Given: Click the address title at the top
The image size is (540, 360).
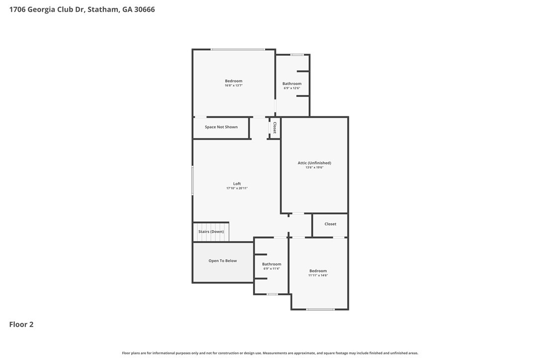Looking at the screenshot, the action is pos(82,9).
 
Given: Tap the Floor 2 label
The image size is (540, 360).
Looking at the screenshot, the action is pos(21,324).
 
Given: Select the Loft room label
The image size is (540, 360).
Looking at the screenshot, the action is pos(237,183).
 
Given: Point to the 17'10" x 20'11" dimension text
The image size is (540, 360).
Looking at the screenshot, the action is pos(237,188).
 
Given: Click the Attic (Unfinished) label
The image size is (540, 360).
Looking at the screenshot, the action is pos(314,163).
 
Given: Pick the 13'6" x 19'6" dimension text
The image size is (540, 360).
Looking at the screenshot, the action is pos(314,168).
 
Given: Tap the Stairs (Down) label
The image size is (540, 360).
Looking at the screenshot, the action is pos(211,232).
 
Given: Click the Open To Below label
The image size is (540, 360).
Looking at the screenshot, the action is pos(222,261).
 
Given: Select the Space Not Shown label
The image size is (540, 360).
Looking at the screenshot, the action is pos(221,127).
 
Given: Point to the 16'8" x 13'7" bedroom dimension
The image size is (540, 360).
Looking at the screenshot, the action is pos(234,86).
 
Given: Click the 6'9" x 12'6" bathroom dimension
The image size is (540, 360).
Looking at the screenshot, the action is pos(292,88).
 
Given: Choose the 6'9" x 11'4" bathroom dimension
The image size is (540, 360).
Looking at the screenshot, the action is pos(271,269).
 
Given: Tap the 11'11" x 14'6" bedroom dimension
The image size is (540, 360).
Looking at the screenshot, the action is pos(318,275).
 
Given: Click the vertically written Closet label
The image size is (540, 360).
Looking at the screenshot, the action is pos(275,128).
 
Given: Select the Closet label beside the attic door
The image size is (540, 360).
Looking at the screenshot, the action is pos(330,224).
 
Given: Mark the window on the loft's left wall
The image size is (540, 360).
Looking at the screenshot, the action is pos(192,180).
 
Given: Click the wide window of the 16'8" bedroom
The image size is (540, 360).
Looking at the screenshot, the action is pos(238,50).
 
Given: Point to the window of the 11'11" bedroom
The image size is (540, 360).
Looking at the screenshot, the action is pos(320,309).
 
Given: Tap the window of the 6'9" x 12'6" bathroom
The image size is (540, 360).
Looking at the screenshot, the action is pos(297,54).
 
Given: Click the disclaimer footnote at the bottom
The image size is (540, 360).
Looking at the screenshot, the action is pos(270,353).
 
